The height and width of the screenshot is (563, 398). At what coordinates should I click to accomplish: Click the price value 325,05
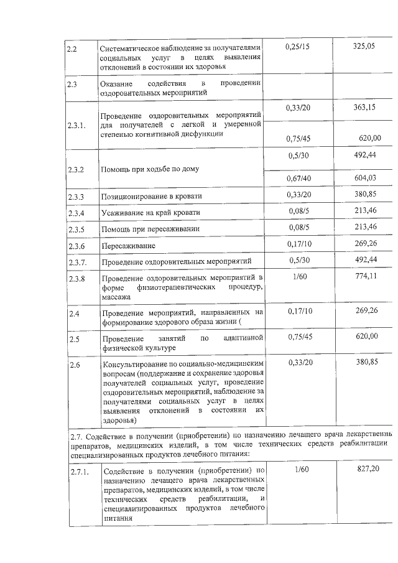pos(364,47)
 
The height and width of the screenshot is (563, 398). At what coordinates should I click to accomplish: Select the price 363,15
pos(364,108)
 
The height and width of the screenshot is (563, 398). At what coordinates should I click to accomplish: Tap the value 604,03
pos(366,178)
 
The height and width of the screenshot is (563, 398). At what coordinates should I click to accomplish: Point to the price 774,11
pos(366,276)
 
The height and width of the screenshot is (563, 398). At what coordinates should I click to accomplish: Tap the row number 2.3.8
pos(77,278)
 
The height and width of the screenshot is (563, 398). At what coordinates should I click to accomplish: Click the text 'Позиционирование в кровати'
pos(152,197)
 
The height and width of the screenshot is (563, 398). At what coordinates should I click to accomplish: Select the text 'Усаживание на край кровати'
pos(151,213)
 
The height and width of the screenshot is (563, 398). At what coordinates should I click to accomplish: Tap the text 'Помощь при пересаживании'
pos(150,229)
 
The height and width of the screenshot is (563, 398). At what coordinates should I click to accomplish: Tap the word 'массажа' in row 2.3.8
pos(116,297)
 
